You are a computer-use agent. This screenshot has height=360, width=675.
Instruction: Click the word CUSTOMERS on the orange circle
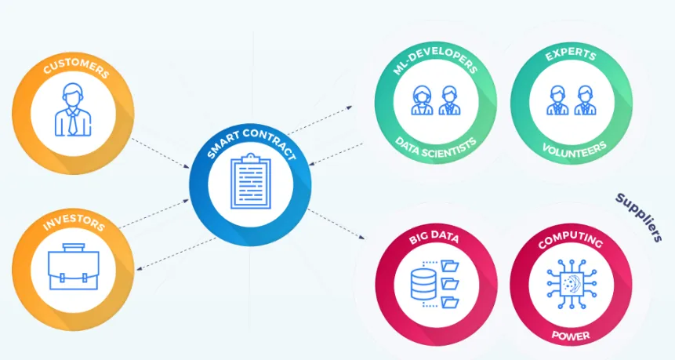76,67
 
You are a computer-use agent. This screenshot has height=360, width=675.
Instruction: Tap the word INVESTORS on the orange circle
74,221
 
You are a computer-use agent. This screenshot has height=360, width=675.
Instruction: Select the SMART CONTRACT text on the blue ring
251,141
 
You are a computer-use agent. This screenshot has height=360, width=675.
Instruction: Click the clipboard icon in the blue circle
251,181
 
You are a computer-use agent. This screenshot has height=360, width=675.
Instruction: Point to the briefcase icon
74,267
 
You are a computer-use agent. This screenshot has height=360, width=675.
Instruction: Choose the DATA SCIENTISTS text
436,147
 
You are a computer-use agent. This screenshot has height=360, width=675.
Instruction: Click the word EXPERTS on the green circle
571,55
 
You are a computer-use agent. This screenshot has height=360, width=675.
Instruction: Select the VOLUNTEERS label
574,149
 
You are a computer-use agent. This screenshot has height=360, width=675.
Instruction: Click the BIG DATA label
434,237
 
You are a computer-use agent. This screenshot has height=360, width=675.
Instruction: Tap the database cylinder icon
423,284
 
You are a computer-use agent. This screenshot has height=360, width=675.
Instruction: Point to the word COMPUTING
571,239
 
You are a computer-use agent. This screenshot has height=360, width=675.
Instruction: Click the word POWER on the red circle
571,336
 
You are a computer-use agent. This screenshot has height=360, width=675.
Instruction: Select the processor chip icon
572,284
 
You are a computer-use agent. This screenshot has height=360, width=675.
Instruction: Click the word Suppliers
639,217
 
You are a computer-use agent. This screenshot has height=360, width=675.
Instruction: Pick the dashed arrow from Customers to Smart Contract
160,153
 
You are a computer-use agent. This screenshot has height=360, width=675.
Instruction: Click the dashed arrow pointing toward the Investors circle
176,254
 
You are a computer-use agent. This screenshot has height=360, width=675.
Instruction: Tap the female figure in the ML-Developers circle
422,100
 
